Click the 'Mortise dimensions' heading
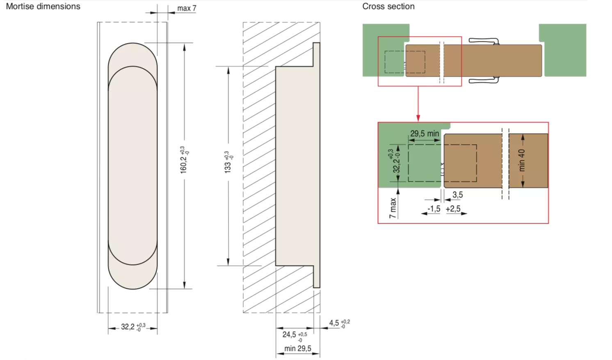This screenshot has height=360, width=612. tap(43, 6)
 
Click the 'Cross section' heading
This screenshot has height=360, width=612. tap(388, 6)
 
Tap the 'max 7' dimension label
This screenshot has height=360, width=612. tap(187, 8)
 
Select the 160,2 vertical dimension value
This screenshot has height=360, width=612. tap(184, 160)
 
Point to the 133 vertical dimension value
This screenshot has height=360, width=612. tap(228, 162)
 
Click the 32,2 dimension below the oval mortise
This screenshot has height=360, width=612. tap(133, 327)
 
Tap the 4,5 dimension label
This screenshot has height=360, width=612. tap(339, 323)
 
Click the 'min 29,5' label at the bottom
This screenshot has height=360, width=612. tap(297, 349)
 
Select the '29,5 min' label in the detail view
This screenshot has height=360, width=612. tap(425, 134)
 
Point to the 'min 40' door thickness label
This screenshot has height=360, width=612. tap(522, 160)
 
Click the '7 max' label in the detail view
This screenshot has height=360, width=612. tap(393, 208)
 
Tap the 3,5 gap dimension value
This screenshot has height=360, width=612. tap(458, 195)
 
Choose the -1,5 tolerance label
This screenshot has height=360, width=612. tap(434, 209)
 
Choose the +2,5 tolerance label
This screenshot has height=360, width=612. tap(453, 209)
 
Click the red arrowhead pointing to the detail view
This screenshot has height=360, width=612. tap(418, 118)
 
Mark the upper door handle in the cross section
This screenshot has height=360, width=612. tap(484, 41)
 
